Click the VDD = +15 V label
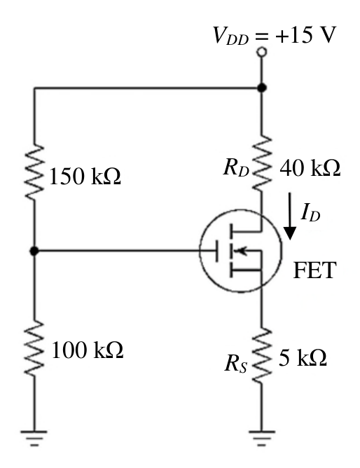click(274, 36)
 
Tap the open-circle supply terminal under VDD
click(261, 53)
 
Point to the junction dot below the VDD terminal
click(261, 88)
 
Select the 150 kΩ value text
click(85, 177)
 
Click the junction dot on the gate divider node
click(34, 251)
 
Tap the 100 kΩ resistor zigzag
click(34, 348)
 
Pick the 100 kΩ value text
click(87, 350)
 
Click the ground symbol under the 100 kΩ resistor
click(34, 438)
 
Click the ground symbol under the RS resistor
click(261, 438)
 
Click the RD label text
click(235, 168)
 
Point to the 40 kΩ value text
click(310, 167)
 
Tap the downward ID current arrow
click(289, 216)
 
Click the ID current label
click(310, 212)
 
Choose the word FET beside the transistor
click(315, 270)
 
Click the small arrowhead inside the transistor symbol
click(242, 251)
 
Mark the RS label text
click(235, 364)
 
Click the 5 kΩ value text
click(303, 357)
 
